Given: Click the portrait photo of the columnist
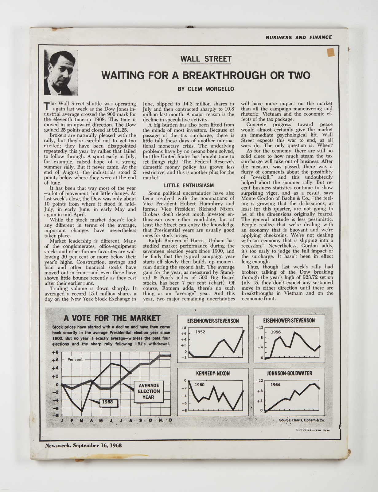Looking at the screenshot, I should (61, 73).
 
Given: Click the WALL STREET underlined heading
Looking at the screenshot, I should (205, 59).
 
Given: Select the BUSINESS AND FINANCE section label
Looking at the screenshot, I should (298, 38).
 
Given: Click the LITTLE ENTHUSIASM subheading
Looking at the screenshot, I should (189, 185).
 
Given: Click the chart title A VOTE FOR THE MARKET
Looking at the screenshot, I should (112, 318).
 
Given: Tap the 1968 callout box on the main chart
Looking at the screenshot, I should (107, 402).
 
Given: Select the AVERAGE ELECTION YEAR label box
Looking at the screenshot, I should (149, 391).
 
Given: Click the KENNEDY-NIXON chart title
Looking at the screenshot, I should (213, 373).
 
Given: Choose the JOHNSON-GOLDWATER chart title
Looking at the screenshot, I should (289, 373).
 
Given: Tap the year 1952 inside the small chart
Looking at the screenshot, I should (200, 332).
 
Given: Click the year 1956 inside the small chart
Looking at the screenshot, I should (275, 332).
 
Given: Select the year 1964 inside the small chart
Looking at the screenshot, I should (275, 385).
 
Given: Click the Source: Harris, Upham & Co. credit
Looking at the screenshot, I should (302, 420).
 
